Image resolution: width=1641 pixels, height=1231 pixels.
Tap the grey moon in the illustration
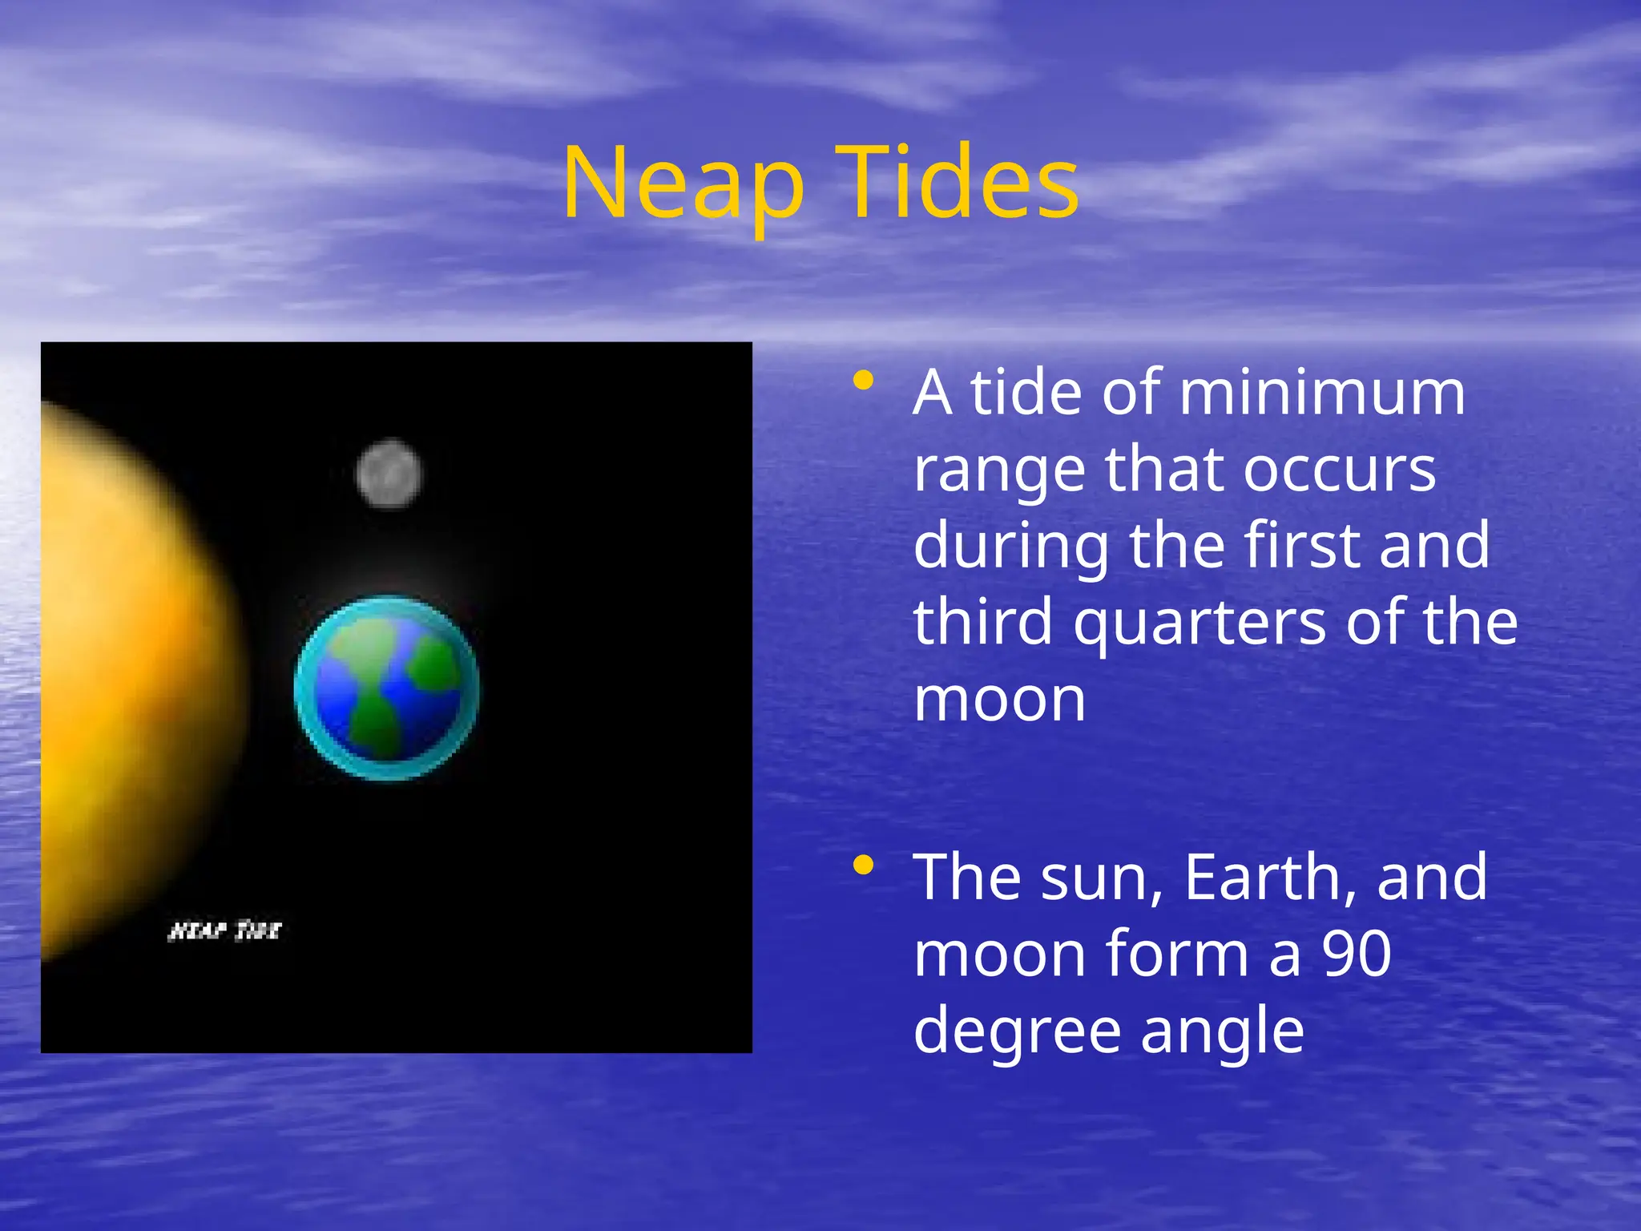[389, 474]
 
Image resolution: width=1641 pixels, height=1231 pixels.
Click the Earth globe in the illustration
[387, 687]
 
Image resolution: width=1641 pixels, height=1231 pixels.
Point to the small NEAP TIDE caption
[224, 930]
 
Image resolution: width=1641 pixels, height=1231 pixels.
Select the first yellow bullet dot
[863, 381]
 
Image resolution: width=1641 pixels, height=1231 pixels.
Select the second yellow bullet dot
[863, 866]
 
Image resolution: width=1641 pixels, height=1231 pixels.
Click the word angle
[1222, 1032]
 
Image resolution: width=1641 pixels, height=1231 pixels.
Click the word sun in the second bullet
[1101, 878]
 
